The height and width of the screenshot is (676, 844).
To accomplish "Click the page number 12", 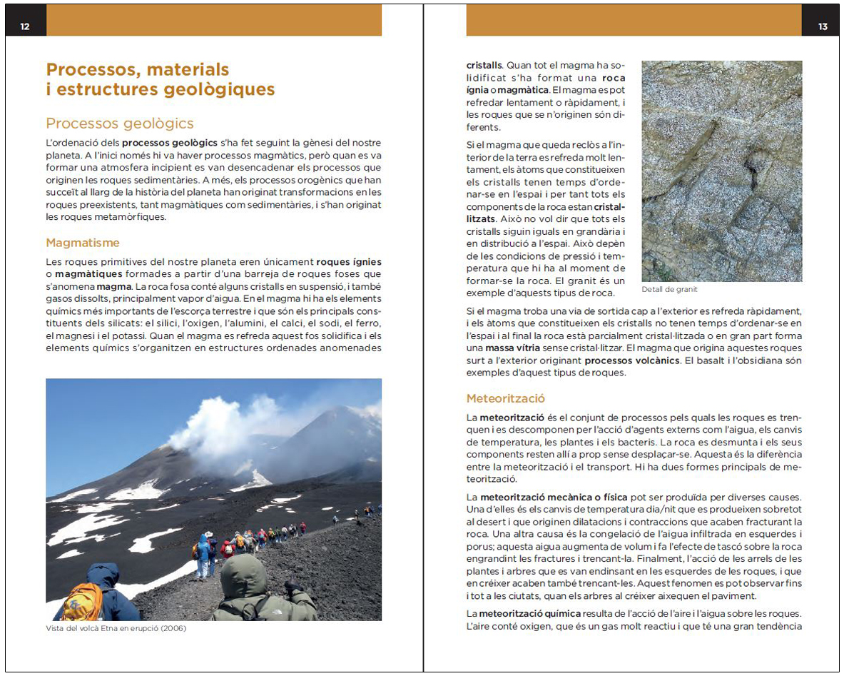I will [25, 26].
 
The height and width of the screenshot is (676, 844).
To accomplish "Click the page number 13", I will [823, 26].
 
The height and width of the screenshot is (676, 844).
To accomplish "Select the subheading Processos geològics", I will [119, 123].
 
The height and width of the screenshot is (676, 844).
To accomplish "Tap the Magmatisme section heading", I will [82, 243].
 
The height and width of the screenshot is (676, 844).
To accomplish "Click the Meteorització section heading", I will [505, 398].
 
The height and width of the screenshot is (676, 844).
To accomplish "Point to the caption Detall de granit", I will [669, 289].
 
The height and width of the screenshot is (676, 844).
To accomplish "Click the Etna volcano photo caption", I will [116, 628].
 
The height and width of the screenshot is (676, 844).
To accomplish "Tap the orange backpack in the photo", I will [82, 601].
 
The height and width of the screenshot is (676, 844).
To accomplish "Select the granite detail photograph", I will [721, 171].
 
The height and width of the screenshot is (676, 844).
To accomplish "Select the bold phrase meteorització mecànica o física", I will [561, 496].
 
